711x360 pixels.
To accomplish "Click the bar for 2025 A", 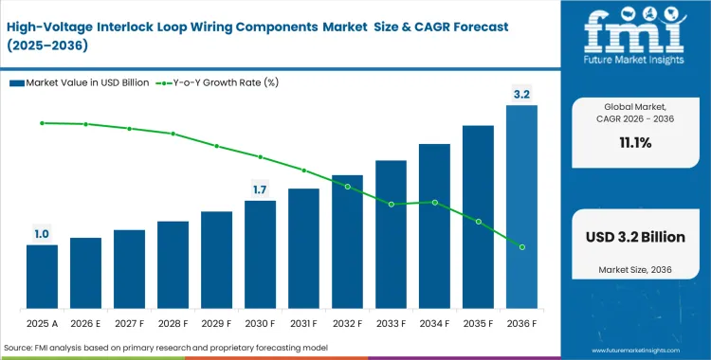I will pos(42,277).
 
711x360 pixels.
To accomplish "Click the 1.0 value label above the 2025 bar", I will pos(42,234).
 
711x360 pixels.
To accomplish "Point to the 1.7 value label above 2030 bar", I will pos(260,189).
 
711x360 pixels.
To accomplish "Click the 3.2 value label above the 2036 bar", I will pos(521,94).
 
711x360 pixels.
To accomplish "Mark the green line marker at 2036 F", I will pos(521,246).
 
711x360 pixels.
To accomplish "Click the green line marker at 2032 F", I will pos(347,187).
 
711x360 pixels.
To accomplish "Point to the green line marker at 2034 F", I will pos(434,202).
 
